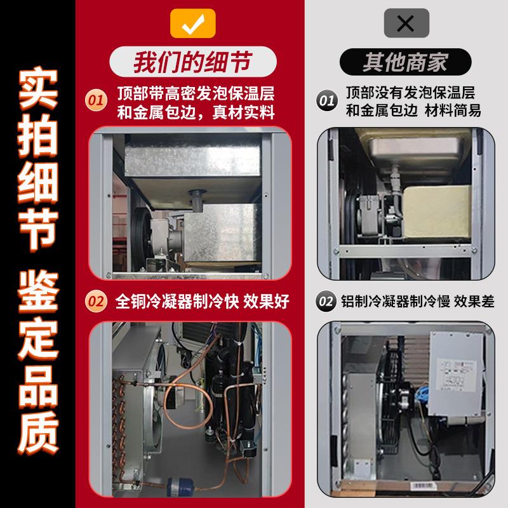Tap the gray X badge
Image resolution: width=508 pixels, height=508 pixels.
406,23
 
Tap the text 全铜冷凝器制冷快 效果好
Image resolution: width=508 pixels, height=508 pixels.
202,302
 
